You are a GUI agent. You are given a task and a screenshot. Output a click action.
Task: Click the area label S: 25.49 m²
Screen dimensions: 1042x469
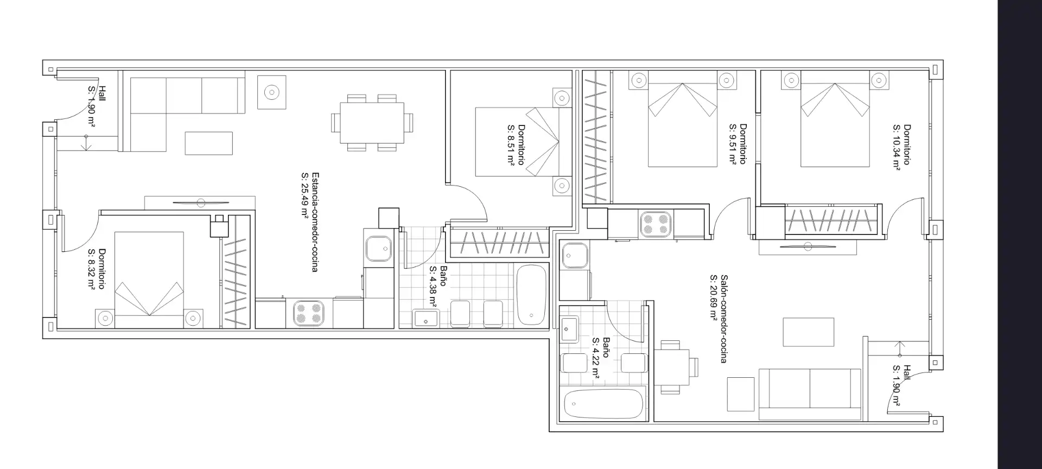pyautogui.click(x=305, y=195)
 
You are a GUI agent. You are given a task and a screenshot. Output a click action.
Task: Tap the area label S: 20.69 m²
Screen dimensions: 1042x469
pyautogui.click(x=714, y=297)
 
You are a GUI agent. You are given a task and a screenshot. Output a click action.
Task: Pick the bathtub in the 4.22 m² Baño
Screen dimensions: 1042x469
pyautogui.click(x=603, y=404)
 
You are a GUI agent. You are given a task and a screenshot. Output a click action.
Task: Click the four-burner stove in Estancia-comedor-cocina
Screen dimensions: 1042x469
pyautogui.click(x=309, y=314)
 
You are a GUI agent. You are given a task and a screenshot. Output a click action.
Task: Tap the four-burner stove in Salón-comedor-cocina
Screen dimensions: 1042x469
pyautogui.click(x=656, y=225)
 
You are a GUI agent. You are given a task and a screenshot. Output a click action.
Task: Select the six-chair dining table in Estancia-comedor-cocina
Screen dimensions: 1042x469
pyautogui.click(x=372, y=123)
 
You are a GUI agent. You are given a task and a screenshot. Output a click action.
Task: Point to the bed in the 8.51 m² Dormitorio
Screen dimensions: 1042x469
pyautogui.click(x=517, y=142)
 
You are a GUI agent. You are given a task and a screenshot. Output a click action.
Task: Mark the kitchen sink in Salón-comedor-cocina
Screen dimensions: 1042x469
pyautogui.click(x=574, y=256)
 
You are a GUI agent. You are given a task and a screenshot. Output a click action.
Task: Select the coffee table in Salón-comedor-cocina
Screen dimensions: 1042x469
pyautogui.click(x=808, y=332)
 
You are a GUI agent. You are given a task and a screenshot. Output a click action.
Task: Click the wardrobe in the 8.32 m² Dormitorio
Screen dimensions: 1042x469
pyautogui.click(x=236, y=271)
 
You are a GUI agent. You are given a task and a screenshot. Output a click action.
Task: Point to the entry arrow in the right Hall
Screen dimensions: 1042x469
pyautogui.click(x=900, y=348)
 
